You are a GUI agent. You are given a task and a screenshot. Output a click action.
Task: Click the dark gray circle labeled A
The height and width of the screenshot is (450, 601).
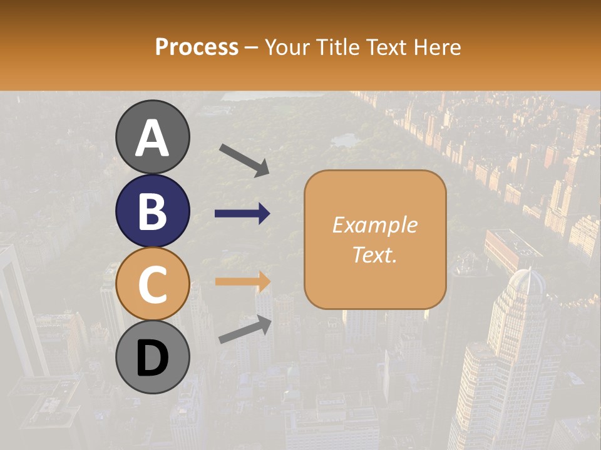152,137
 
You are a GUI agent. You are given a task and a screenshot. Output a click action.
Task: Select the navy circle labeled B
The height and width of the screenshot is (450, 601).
152,211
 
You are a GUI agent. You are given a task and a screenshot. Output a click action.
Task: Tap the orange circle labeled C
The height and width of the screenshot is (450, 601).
152,284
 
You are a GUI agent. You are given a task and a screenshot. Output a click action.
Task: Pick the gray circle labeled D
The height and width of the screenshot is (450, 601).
152,357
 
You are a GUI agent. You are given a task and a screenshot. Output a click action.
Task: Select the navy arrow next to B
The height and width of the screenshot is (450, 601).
242,214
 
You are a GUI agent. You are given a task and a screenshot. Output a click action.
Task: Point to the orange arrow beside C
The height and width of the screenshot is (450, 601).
242,281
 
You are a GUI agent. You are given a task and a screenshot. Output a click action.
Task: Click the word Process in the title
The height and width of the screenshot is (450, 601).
197,47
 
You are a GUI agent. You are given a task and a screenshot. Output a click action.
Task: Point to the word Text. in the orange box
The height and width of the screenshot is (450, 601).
374,254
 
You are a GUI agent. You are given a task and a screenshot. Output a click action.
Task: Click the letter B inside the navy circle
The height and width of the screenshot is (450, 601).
152,211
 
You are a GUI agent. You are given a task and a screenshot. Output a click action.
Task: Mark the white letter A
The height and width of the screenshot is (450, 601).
152,137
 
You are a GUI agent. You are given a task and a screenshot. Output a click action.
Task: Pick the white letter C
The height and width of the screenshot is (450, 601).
152,285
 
